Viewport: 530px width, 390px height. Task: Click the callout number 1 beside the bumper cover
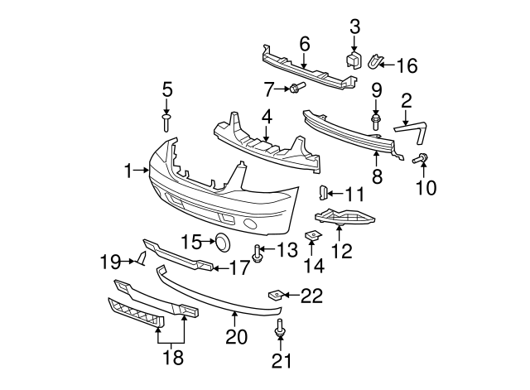click(x=128, y=171)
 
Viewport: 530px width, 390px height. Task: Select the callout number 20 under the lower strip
click(x=236, y=337)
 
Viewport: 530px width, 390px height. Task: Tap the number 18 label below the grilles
click(x=173, y=359)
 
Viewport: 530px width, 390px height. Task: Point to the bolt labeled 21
click(x=279, y=329)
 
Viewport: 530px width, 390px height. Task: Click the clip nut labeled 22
click(x=274, y=294)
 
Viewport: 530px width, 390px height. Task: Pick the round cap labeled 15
click(x=223, y=242)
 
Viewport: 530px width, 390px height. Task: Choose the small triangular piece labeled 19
click(x=142, y=262)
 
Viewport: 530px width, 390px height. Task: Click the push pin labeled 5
click(x=166, y=123)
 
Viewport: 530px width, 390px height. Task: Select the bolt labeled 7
click(x=296, y=87)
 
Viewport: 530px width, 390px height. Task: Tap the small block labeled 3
click(x=353, y=59)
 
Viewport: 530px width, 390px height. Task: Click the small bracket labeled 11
click(x=325, y=193)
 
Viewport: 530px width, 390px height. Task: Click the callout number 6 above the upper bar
click(x=304, y=42)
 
